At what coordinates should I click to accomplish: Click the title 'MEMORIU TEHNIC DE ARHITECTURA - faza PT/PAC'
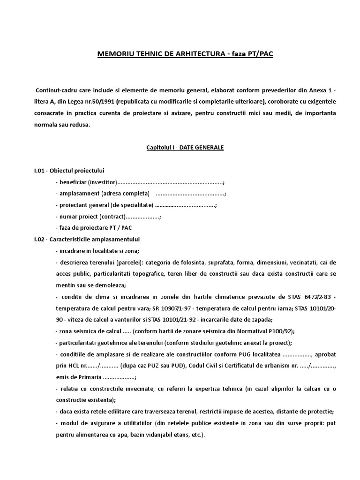[x=185, y=54]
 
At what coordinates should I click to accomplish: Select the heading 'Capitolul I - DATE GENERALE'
[x=185, y=148]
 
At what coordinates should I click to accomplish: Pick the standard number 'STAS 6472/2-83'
[x=304, y=297]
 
